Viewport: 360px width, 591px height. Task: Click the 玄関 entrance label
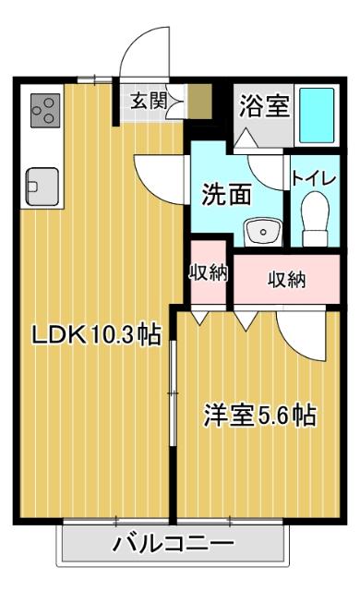pos(148,101)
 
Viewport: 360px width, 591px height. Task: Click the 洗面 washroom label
pos(227,195)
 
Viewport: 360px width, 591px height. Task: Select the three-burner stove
pos(44,111)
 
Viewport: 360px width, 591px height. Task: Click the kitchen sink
pos(42,186)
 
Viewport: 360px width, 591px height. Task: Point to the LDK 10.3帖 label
pos(97,334)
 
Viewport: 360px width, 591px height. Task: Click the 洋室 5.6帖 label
pos(259,416)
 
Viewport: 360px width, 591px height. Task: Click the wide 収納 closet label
pos(286,279)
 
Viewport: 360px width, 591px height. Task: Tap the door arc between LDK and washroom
pos(159,175)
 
